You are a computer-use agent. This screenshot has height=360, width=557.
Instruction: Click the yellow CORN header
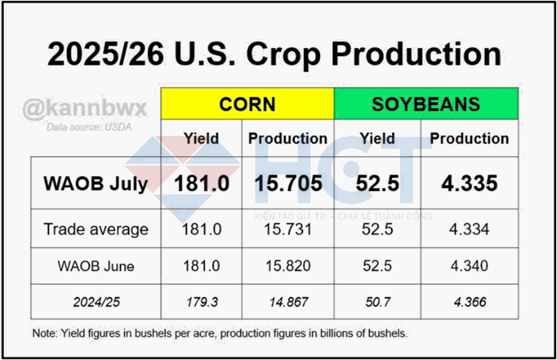[x=247, y=104]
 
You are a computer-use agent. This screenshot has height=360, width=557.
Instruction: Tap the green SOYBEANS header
[x=426, y=104]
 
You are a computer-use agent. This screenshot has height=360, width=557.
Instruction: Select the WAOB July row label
[x=86, y=183]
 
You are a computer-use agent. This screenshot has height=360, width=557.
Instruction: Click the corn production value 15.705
[x=288, y=183]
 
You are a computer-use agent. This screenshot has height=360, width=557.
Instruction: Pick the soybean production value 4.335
[x=469, y=183]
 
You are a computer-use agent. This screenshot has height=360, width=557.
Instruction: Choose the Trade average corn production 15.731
[x=288, y=230]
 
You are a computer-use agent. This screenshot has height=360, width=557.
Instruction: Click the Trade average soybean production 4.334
[x=469, y=230]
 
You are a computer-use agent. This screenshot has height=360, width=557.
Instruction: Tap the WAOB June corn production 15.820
[x=288, y=266]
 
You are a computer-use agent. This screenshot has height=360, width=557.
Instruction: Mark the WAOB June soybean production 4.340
[x=469, y=266]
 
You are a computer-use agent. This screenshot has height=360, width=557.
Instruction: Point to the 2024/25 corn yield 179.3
[x=202, y=302]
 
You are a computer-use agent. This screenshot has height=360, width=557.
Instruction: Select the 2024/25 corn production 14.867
[x=288, y=302]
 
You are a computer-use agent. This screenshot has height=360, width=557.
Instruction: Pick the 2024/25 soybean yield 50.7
[x=377, y=302]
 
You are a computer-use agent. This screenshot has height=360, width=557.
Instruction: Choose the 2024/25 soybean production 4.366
[x=469, y=302]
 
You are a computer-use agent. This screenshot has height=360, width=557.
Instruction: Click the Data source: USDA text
[x=85, y=127]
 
